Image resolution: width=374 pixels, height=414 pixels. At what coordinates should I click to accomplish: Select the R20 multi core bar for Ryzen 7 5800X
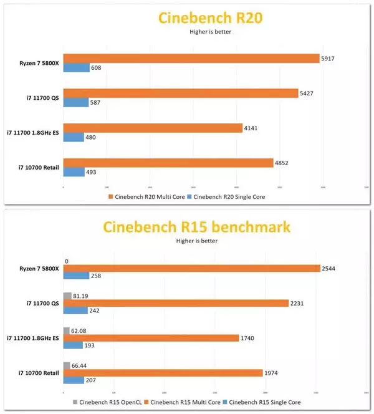(191, 58)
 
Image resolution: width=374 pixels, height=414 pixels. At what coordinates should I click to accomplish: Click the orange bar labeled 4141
(152, 128)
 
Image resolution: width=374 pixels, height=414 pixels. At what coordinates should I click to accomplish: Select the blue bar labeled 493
(74, 172)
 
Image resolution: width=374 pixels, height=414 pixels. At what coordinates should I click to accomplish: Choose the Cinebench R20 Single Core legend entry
(229, 197)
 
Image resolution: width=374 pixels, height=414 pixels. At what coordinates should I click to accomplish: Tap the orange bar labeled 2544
(191, 268)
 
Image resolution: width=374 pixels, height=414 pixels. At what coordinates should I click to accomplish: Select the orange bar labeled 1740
(151, 338)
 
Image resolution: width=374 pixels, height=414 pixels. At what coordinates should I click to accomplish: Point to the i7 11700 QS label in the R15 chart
(37, 304)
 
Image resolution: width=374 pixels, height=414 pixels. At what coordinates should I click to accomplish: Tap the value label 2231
(298, 304)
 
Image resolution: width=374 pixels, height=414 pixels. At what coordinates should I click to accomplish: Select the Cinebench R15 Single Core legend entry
(269, 403)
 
